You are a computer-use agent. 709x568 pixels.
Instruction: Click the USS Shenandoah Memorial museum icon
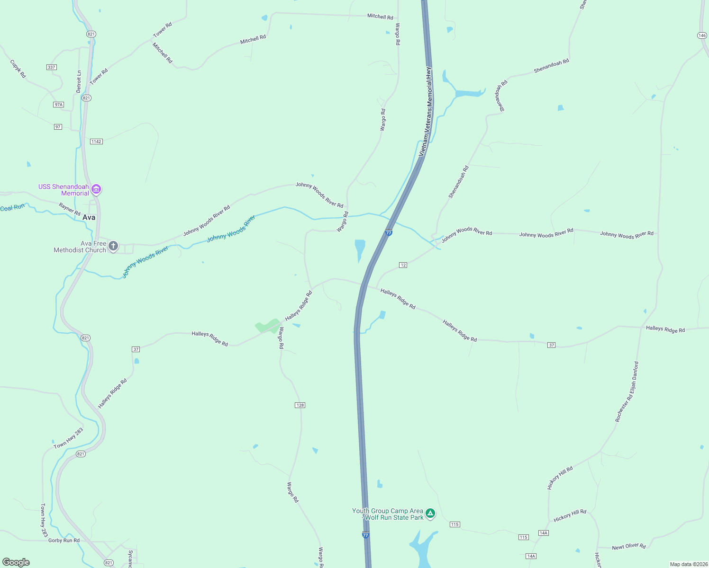(96, 189)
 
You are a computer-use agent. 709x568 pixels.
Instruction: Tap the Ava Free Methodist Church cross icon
(113, 246)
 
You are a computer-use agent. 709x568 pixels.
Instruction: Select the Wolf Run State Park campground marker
(430, 513)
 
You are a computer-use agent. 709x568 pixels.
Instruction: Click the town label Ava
(89, 217)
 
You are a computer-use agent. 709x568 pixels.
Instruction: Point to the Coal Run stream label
(12, 208)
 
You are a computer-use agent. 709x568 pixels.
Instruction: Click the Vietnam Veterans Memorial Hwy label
(426, 112)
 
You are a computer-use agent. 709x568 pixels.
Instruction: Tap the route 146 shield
(702, 35)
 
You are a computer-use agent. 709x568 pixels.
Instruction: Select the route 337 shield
(52, 67)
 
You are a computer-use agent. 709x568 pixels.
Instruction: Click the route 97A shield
(58, 105)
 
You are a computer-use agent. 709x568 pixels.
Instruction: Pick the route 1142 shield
(96, 142)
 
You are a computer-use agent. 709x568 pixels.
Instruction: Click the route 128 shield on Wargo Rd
(300, 405)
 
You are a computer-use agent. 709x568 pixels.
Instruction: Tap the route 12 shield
(403, 265)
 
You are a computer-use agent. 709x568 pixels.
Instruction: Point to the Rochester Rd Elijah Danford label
(627, 392)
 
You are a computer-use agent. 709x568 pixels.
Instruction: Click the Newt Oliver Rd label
(628, 547)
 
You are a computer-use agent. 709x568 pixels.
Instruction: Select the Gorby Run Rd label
(64, 540)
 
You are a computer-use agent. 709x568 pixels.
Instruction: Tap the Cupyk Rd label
(18, 69)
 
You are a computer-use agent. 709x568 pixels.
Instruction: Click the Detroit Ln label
(79, 81)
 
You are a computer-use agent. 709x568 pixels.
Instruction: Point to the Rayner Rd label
(70, 209)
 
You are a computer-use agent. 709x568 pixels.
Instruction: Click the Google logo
(16, 562)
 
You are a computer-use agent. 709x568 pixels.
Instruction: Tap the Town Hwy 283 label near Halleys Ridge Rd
(68, 438)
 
